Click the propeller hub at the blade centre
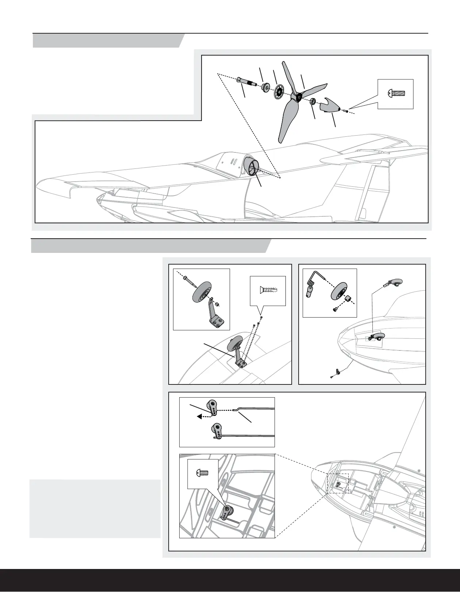(298, 96)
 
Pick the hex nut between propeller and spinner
(313, 102)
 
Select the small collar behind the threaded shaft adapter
(265, 88)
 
